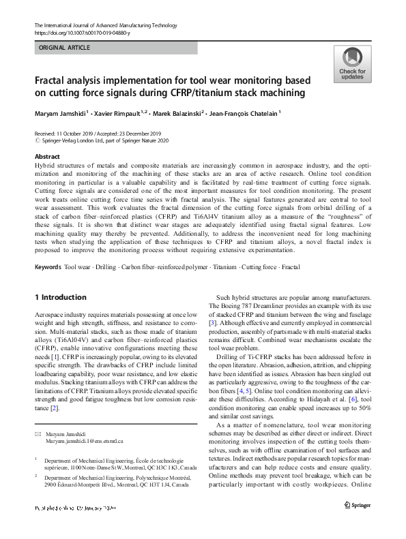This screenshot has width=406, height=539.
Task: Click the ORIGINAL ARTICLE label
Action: tap(63, 49)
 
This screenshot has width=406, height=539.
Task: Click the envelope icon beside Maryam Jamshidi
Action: tap(38, 434)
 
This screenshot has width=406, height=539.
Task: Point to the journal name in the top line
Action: tap(103, 25)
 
